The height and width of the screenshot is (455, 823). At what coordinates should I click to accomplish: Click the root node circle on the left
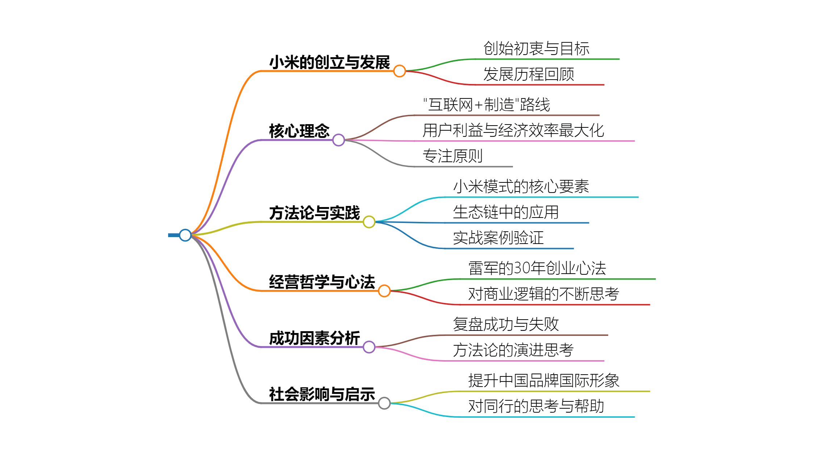[x=185, y=235]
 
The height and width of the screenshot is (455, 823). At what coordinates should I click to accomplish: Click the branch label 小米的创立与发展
[x=329, y=62]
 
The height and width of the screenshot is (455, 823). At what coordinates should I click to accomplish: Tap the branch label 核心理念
[x=299, y=131]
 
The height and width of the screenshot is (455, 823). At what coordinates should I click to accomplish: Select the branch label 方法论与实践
[x=314, y=213]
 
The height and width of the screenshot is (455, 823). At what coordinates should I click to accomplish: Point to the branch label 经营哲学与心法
[x=322, y=282]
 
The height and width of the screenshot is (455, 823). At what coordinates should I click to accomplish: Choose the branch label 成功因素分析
[x=314, y=338]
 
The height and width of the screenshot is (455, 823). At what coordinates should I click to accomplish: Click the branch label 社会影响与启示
[x=322, y=394]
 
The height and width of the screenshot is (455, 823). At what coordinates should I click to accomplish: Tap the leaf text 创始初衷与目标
[x=536, y=49]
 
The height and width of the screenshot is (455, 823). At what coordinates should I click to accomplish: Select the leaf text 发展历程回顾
[x=529, y=74]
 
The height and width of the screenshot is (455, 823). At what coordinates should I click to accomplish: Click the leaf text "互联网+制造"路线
[x=486, y=105]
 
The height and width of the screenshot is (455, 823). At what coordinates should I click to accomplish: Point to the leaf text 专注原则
[x=452, y=156]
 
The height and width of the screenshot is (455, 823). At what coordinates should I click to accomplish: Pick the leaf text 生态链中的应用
[x=506, y=212]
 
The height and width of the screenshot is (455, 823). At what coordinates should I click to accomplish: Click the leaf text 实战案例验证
[x=498, y=238]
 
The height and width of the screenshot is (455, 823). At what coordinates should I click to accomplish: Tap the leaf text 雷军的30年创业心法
[x=537, y=268]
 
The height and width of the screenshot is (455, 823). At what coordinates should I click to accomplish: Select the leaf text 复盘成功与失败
[x=506, y=324]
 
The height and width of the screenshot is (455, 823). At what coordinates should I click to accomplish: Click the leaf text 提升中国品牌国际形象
[x=544, y=380]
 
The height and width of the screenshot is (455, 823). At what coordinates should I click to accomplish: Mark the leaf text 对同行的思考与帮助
[x=536, y=406]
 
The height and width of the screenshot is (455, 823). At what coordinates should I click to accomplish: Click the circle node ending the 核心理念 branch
[x=338, y=140]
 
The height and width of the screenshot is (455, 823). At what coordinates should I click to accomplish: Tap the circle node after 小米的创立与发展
[x=399, y=71]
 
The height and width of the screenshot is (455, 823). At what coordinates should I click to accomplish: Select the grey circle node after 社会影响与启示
[x=384, y=403]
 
